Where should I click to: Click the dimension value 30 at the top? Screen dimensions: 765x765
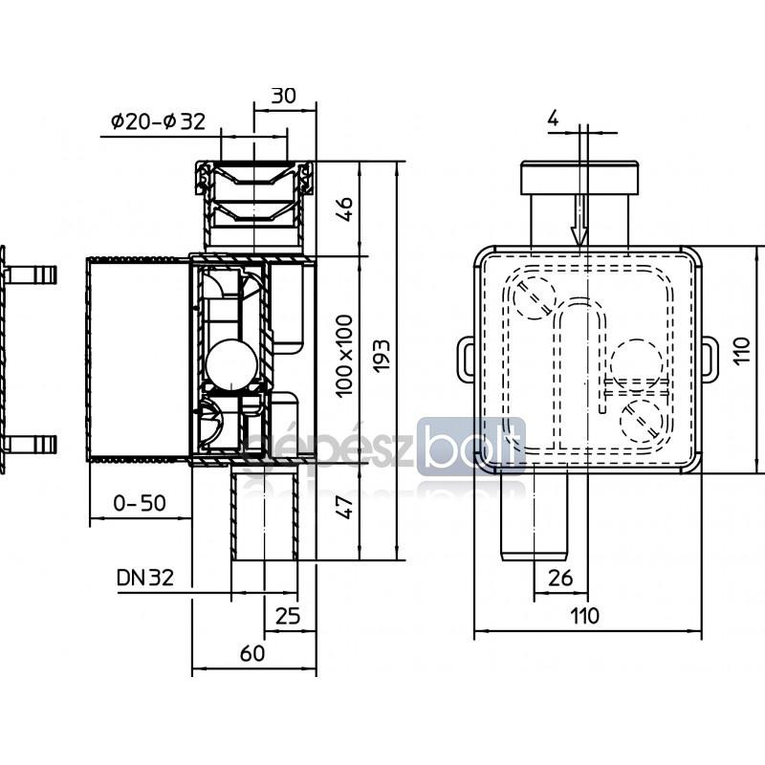(x=283, y=96)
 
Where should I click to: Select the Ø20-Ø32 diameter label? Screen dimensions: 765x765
(x=158, y=121)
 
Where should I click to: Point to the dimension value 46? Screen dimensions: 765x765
(x=345, y=209)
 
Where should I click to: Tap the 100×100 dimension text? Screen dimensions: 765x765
(x=344, y=356)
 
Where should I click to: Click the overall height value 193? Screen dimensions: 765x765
(x=382, y=356)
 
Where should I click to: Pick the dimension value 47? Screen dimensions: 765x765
(x=345, y=507)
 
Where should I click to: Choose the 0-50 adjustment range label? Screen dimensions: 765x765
(x=140, y=503)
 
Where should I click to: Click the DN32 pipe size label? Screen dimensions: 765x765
(x=145, y=578)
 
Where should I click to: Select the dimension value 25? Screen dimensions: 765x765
(x=288, y=616)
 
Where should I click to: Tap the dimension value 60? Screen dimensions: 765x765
(x=252, y=653)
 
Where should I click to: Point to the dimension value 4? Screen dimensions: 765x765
(x=553, y=118)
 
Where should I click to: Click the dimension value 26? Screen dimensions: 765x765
(x=560, y=579)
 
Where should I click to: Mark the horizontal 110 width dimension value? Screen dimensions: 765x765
(x=585, y=616)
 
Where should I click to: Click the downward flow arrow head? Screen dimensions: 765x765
(x=579, y=235)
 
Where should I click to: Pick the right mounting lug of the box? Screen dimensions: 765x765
(x=710, y=359)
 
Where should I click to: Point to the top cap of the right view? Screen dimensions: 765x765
(x=579, y=178)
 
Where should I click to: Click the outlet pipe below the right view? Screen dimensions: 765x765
(x=535, y=516)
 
